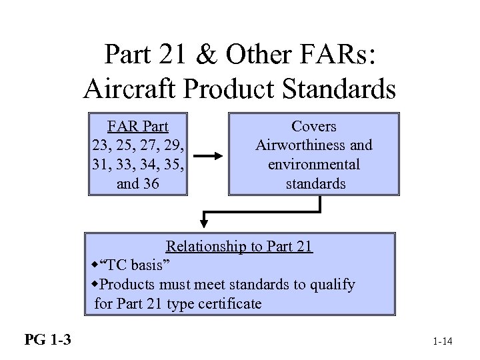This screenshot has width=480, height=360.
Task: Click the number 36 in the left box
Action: [x=147, y=183]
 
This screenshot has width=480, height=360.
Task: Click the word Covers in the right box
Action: [x=314, y=127]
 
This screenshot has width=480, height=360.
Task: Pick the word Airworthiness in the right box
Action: [x=299, y=145]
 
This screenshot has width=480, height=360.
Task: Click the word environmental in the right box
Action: [x=314, y=164]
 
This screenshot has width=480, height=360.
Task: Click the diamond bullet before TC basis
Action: [x=95, y=265]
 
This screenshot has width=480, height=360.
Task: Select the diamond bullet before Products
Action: [x=95, y=284]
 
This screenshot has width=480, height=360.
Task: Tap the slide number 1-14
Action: [x=442, y=342]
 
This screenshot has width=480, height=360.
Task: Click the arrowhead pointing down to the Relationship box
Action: [x=207, y=221]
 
